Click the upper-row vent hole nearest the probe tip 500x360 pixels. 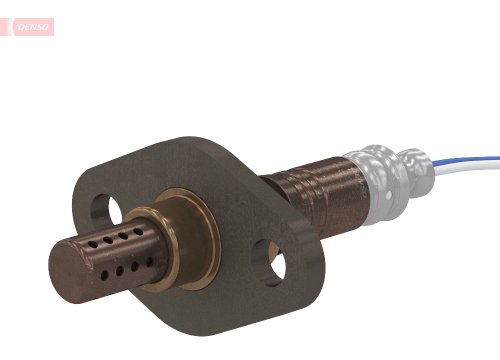point(93,244)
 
